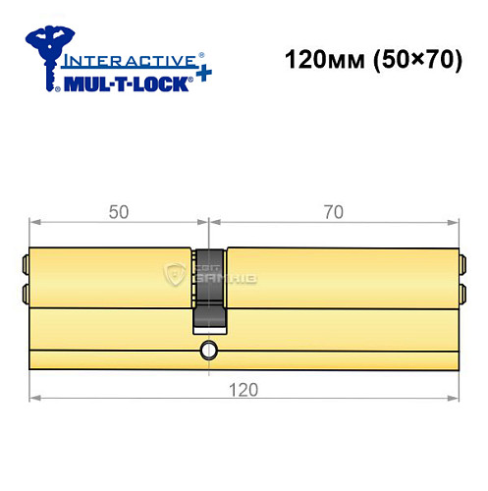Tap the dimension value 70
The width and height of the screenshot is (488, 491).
pos(336,210)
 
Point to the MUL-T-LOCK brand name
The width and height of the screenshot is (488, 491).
pos(121,85)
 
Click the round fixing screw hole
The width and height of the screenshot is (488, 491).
pos(208,350)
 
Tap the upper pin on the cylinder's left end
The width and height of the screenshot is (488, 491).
pos(25,264)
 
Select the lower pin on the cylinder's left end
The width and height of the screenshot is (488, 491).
pos(25,292)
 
